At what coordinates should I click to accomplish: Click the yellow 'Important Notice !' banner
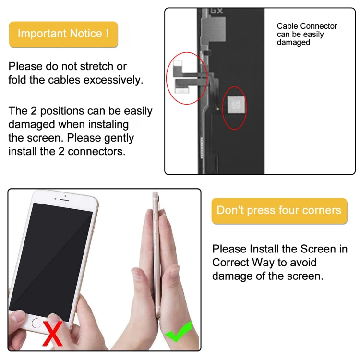click(x=63, y=34)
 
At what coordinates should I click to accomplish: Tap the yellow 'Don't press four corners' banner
click(x=279, y=211)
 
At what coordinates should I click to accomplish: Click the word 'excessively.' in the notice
click(x=113, y=80)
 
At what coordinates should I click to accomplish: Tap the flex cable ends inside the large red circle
click(x=183, y=77)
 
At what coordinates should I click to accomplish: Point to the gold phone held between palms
click(x=156, y=254)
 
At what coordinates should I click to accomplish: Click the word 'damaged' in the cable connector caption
click(x=293, y=42)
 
